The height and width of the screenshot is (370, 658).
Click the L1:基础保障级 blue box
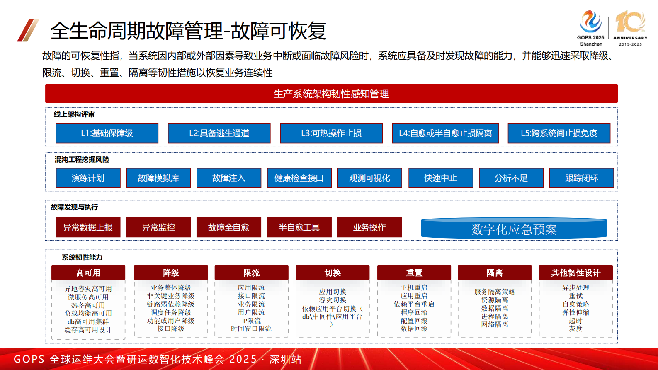pos(107,133)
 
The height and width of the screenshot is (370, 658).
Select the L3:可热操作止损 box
pos(331,133)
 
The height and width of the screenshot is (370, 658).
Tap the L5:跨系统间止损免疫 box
pos(559,133)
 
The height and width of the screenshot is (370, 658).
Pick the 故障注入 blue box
pos(229,178)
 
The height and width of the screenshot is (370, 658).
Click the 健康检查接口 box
pos(299,178)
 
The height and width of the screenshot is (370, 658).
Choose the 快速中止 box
pos(441,178)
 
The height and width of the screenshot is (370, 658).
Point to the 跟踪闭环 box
pos(582,178)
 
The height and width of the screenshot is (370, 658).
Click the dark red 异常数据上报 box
pos(88,227)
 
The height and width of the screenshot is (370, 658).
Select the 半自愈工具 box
pos(299,227)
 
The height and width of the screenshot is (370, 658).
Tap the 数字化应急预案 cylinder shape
pos(514,229)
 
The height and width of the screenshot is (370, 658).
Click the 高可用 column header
pos(88,273)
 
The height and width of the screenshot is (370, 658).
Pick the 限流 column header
pos(252,273)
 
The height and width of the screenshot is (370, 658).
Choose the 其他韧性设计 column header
pos(576,273)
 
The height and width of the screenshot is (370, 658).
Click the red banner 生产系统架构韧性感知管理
pos(331,94)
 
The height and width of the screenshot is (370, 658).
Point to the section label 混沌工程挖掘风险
pos(82,160)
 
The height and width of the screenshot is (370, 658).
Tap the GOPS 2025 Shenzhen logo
pos(591,27)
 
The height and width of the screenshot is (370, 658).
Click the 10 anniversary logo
pos(630,27)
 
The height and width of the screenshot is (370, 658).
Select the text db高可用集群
pos(88,321)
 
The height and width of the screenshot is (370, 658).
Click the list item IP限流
pos(251,321)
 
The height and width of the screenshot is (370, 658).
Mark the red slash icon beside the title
pos(28,30)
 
